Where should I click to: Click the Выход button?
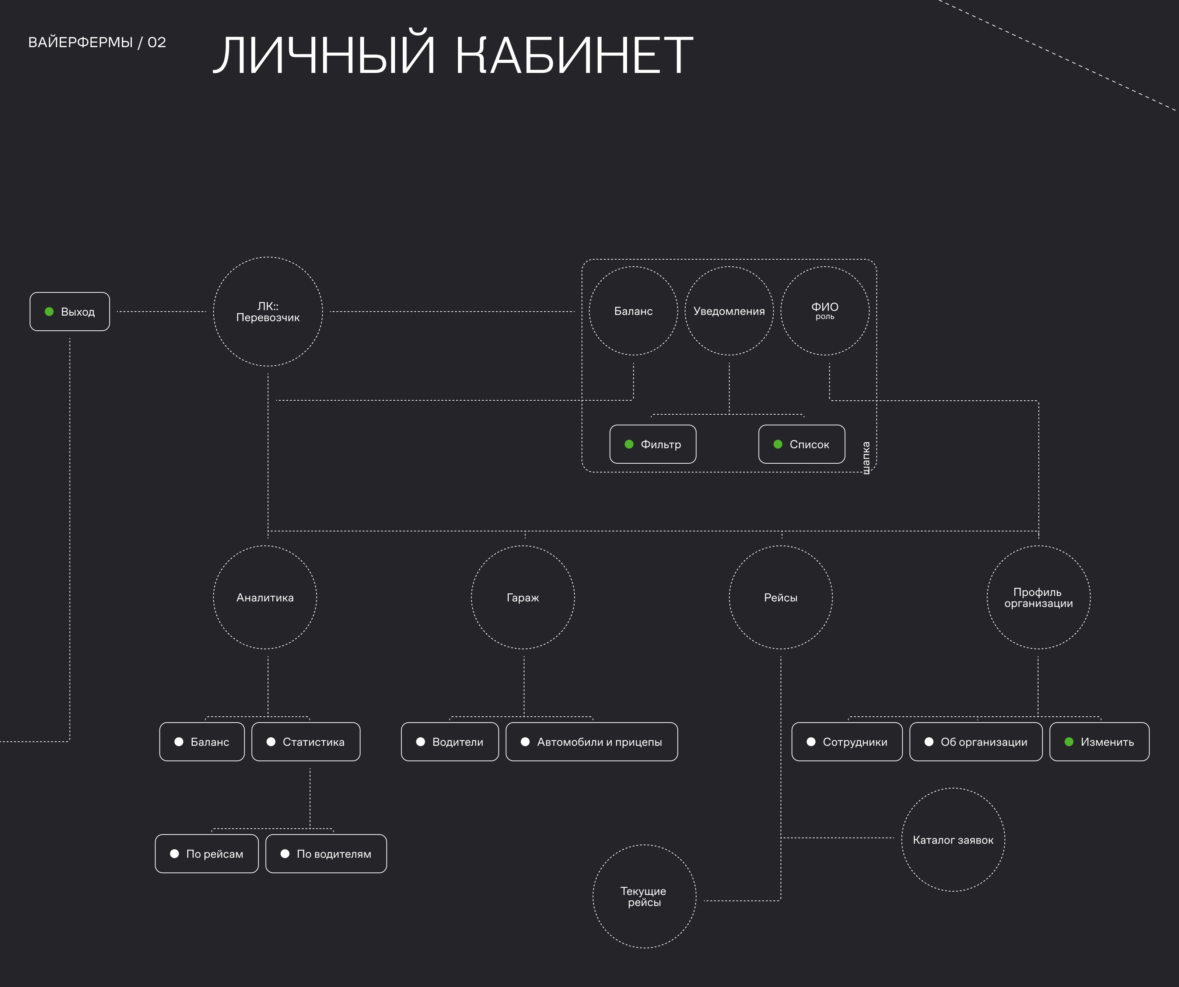click(70, 312)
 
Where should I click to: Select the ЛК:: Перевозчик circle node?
click(268, 312)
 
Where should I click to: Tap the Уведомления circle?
click(729, 311)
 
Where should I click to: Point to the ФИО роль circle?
click(825, 311)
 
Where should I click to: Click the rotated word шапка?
click(866, 457)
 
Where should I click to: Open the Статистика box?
click(306, 742)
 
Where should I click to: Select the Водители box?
click(450, 742)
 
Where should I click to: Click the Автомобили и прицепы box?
click(592, 742)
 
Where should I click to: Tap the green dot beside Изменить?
click(1069, 742)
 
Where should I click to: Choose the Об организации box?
click(976, 742)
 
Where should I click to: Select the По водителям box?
click(326, 853)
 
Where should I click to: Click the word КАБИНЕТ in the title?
click(574, 55)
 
